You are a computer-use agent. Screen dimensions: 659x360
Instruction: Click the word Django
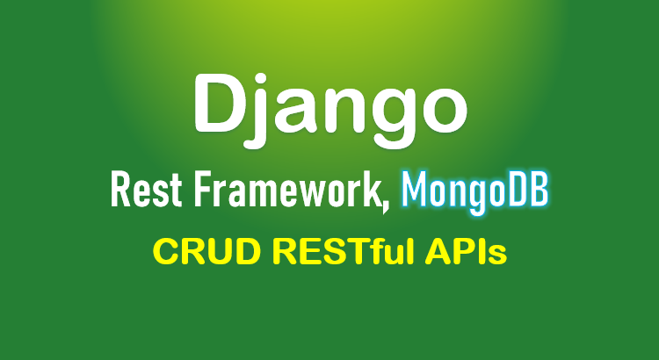click(x=330, y=111)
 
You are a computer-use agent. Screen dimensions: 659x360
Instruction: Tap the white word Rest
click(x=146, y=191)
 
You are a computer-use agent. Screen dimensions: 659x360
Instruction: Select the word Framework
click(x=287, y=191)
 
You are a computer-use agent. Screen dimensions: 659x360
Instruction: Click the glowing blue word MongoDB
click(x=474, y=193)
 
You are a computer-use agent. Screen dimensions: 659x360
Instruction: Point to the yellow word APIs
click(x=465, y=252)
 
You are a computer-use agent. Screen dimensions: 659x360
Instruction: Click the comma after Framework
click(x=386, y=207)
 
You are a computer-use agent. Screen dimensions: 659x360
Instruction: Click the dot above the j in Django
click(x=261, y=80)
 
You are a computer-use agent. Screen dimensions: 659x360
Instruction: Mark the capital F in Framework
click(x=203, y=191)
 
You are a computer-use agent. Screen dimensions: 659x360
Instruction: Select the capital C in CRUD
click(x=166, y=252)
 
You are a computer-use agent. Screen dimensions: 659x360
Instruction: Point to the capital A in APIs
click(x=439, y=252)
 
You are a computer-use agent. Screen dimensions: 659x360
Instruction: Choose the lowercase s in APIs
click(x=497, y=256)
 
